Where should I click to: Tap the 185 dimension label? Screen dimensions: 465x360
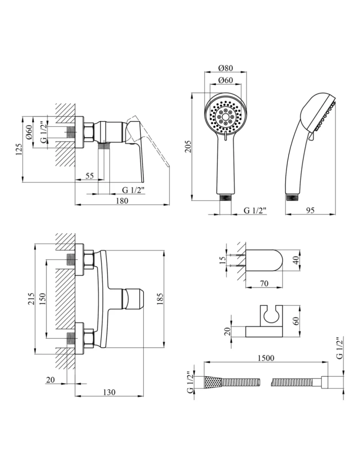coord(160,299)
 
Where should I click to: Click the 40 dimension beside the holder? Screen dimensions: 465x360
coord(297,261)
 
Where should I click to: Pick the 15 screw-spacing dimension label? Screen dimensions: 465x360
coord(223,260)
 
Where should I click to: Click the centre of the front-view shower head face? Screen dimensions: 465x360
coord(225,117)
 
